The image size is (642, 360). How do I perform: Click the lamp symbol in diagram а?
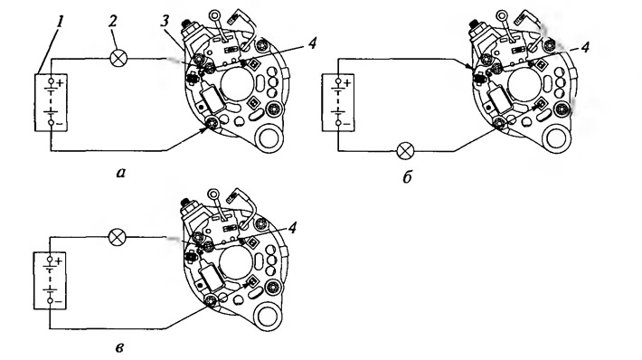[118, 58]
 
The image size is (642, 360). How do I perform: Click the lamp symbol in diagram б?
[405, 151]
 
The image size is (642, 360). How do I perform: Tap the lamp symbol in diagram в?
[118, 237]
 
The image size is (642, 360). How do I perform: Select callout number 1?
[60, 22]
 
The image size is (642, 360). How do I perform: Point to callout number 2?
[113, 21]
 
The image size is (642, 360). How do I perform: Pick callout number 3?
[165, 22]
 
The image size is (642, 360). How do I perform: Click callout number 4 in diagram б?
[585, 47]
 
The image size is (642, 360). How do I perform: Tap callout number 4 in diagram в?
[292, 228]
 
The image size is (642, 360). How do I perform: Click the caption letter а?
[120, 173]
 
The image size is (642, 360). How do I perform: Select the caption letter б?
[407, 176]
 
